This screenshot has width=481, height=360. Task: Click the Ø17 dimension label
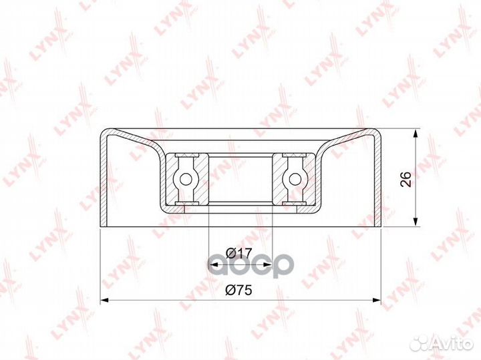[238, 253]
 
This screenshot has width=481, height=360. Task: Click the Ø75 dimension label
[238, 290]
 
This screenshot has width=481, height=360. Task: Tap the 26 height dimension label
[406, 179]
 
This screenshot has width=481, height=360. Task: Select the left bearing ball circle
[185, 179]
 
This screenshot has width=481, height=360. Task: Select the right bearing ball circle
[295, 179]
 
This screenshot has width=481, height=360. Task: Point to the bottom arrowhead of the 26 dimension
[416, 222]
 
